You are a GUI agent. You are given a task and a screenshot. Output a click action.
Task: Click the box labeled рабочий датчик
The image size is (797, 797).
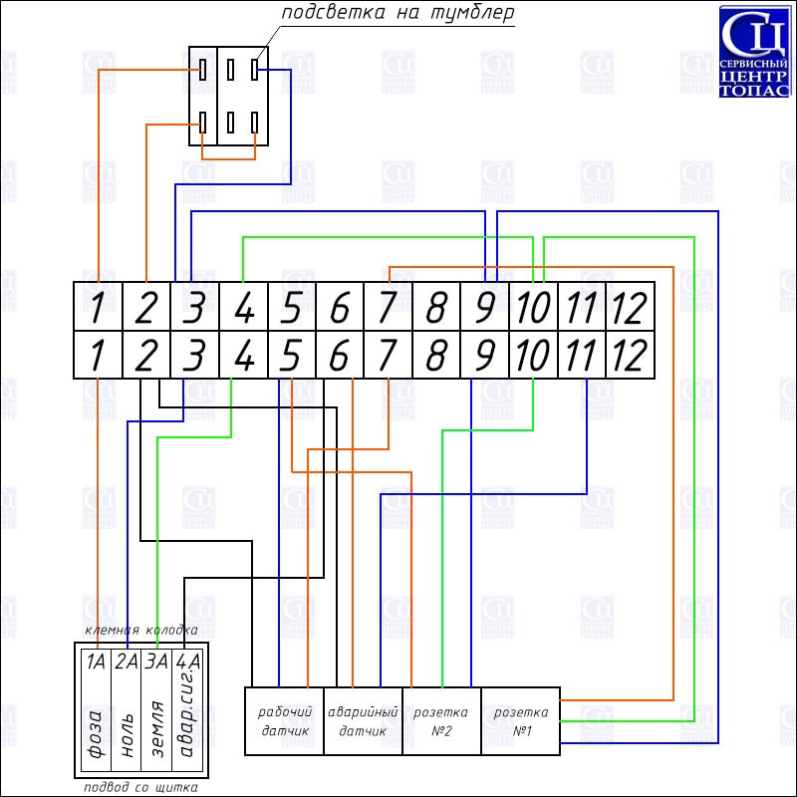click(x=284, y=720)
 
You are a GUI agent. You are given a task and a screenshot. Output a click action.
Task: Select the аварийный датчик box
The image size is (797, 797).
click(x=363, y=720)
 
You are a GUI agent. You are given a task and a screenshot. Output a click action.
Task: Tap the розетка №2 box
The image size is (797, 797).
click(x=441, y=720)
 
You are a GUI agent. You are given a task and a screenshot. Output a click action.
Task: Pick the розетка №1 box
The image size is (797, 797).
click(x=520, y=720)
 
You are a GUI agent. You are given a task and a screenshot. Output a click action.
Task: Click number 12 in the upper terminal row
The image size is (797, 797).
click(x=630, y=308)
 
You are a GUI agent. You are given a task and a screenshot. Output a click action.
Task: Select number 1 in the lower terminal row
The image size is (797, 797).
click(x=97, y=356)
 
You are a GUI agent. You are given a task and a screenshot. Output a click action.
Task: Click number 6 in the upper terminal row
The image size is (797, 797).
click(x=340, y=308)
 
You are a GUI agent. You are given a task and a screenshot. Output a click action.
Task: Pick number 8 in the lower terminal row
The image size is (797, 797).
click(x=436, y=356)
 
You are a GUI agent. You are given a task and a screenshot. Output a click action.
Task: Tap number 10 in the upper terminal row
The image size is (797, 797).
click(x=533, y=308)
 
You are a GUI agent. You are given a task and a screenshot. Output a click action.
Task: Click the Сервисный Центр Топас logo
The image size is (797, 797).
click(x=754, y=52)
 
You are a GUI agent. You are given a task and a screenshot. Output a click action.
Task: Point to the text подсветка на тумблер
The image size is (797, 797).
click(x=398, y=13)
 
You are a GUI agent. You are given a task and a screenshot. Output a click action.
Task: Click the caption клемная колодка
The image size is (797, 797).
click(x=141, y=631)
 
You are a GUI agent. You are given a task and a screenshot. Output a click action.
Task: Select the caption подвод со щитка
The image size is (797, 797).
click(x=140, y=787)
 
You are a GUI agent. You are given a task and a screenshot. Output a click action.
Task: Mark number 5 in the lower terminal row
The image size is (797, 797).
click(x=290, y=356)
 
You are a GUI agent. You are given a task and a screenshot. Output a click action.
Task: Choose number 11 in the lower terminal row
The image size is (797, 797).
click(x=581, y=356)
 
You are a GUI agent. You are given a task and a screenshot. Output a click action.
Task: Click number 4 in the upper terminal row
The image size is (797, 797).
click(x=244, y=308)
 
